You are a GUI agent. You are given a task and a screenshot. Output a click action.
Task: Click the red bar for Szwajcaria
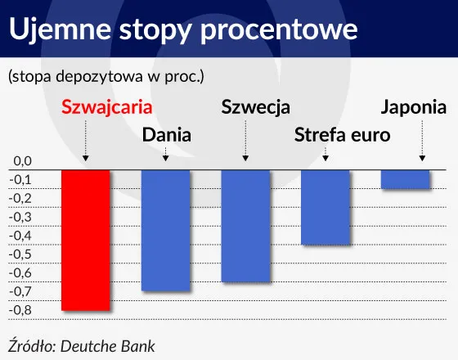86,239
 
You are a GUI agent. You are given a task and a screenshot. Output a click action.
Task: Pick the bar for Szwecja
245,225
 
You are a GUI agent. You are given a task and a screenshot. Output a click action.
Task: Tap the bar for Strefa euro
326,206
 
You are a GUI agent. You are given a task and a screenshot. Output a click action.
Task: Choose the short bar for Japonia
406,178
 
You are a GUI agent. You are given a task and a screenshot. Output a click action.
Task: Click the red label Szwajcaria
107,107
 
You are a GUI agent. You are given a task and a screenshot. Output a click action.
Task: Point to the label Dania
167,134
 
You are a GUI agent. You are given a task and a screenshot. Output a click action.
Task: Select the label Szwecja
256,107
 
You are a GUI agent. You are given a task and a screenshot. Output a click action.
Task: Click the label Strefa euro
343,134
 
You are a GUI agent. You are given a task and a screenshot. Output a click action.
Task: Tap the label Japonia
414,107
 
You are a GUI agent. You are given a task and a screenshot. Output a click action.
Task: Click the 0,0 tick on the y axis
21,161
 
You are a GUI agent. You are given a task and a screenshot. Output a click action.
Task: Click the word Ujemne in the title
61,29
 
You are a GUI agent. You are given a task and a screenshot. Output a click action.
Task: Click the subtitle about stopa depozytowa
106,77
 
